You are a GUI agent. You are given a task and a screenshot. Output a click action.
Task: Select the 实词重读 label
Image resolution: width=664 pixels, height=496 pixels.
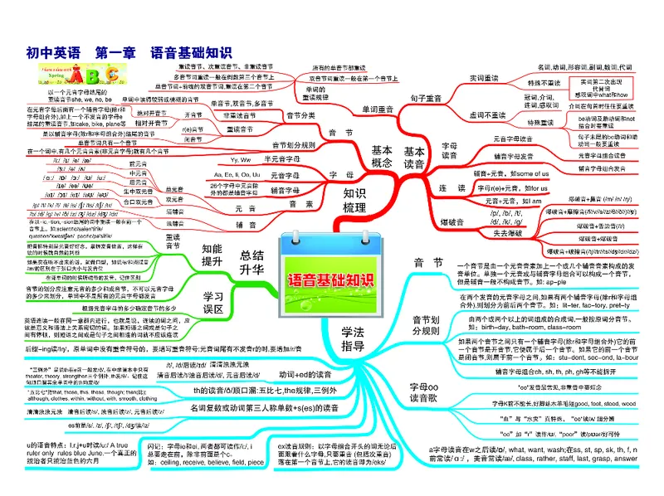pyautogui.click(x=484, y=77)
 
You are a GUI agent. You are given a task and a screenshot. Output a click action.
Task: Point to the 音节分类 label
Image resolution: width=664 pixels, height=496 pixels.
pyautogui.click(x=300, y=114)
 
